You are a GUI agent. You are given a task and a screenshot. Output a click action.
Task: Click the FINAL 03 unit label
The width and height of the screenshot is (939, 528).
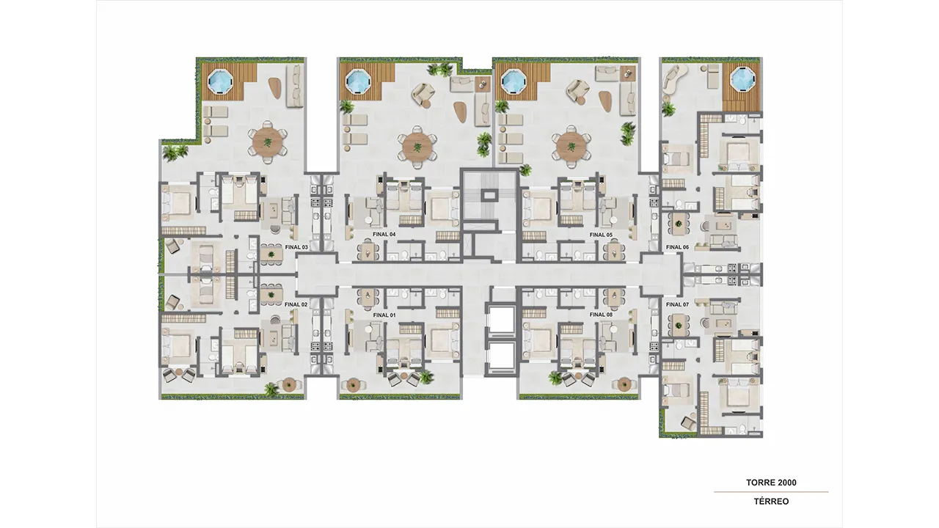(x=296, y=247)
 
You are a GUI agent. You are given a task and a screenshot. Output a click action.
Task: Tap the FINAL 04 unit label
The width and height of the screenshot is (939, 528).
(x=384, y=234)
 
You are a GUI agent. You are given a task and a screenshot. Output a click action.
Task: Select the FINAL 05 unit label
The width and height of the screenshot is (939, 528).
(x=601, y=235)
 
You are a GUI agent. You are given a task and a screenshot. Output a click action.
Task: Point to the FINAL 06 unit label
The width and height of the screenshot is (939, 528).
(x=677, y=247)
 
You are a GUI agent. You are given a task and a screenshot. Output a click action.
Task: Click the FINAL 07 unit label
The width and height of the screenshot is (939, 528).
(x=677, y=304)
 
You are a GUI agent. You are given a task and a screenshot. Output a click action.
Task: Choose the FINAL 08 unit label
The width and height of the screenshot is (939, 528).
(x=601, y=315)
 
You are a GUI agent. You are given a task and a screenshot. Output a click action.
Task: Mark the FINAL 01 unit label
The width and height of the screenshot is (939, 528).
(x=384, y=315)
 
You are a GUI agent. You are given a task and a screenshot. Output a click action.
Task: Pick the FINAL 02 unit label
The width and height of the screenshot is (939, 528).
(x=296, y=304)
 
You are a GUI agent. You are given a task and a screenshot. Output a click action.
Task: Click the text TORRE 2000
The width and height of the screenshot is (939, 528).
(x=771, y=483)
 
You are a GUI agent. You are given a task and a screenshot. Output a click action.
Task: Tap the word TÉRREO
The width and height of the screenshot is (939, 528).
(x=771, y=501)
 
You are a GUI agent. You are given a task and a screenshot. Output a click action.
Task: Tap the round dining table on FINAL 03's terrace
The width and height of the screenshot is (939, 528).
(x=268, y=142)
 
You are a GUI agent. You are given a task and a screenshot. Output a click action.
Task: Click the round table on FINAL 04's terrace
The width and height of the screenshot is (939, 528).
(x=417, y=147)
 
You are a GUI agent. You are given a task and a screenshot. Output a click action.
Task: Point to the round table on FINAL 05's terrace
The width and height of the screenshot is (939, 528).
(x=571, y=147)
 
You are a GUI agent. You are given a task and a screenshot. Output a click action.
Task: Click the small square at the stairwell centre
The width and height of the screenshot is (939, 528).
(x=488, y=195)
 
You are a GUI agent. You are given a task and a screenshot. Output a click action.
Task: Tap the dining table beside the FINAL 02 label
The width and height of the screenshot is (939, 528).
(x=271, y=296)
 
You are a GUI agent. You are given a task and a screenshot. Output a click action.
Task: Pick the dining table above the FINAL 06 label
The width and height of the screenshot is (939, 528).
(x=678, y=224)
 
